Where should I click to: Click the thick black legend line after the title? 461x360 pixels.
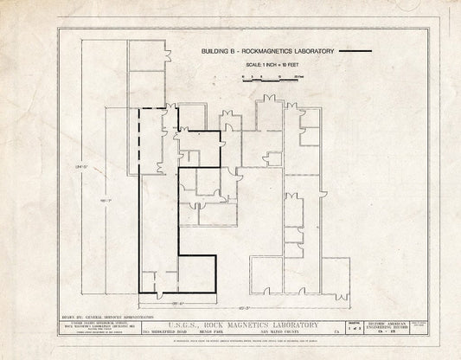355,52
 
